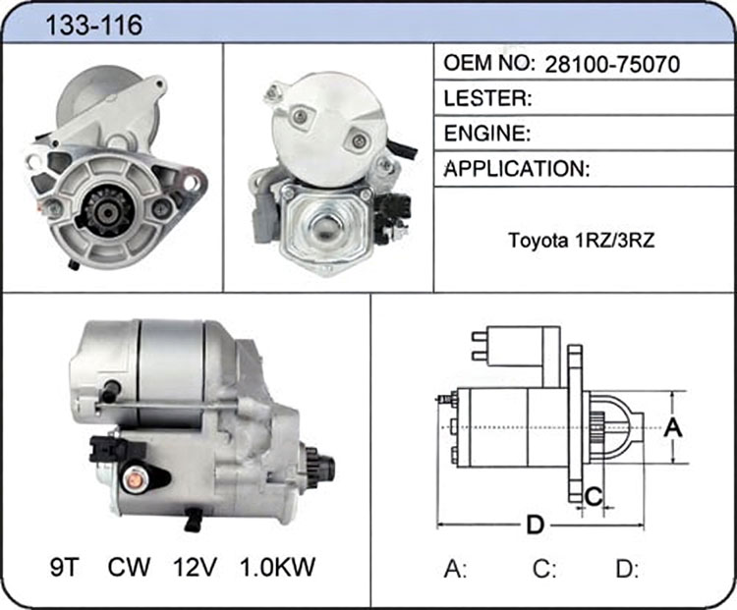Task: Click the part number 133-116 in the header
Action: pos(94,25)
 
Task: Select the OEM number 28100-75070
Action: pos(612,65)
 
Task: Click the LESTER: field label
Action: pos(487,98)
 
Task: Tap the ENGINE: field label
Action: pos(487,134)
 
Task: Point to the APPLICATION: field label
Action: pos(517,168)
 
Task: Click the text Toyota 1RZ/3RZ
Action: pos(582,240)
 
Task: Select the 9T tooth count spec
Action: pos(64,567)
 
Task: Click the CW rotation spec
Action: pos(129,567)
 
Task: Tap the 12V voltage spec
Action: pos(196,567)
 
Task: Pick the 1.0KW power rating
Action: pos(277,567)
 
